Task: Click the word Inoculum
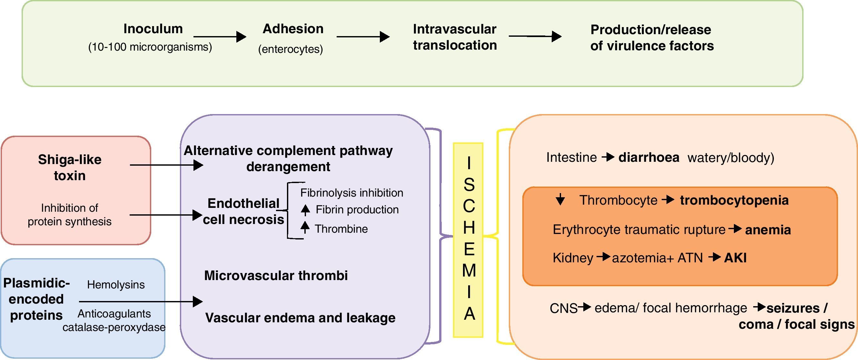click(x=153, y=29)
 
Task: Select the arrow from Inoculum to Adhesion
click(x=220, y=36)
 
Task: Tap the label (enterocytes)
click(x=291, y=49)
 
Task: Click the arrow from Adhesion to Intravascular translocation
click(x=363, y=36)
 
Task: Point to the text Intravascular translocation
click(x=455, y=37)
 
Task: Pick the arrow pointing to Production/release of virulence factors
click(x=535, y=36)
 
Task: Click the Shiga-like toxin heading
click(x=70, y=168)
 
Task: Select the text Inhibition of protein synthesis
click(x=70, y=215)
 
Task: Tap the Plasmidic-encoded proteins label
click(x=36, y=299)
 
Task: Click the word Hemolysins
click(x=116, y=285)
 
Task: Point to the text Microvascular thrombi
click(x=276, y=276)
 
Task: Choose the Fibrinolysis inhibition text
click(x=352, y=193)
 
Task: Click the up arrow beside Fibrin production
click(x=305, y=210)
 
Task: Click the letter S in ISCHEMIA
click(x=469, y=184)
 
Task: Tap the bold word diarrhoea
click(x=649, y=158)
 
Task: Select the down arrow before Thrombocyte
click(x=560, y=199)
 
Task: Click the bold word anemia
click(x=768, y=230)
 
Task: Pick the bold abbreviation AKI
click(x=735, y=258)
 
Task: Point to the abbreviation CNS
click(x=563, y=308)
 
